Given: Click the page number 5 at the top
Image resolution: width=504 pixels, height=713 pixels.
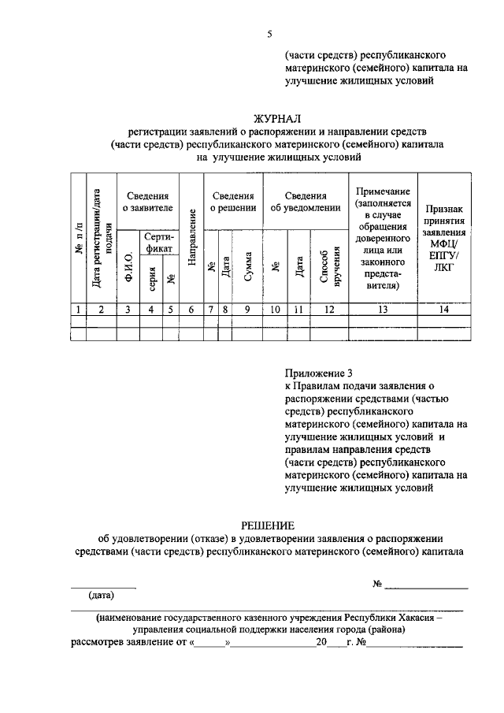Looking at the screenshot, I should (x=269, y=34).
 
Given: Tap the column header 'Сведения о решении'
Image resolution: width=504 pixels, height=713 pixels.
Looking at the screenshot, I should (x=232, y=202).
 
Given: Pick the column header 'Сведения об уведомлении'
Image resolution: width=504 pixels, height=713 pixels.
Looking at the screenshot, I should (x=306, y=202).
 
